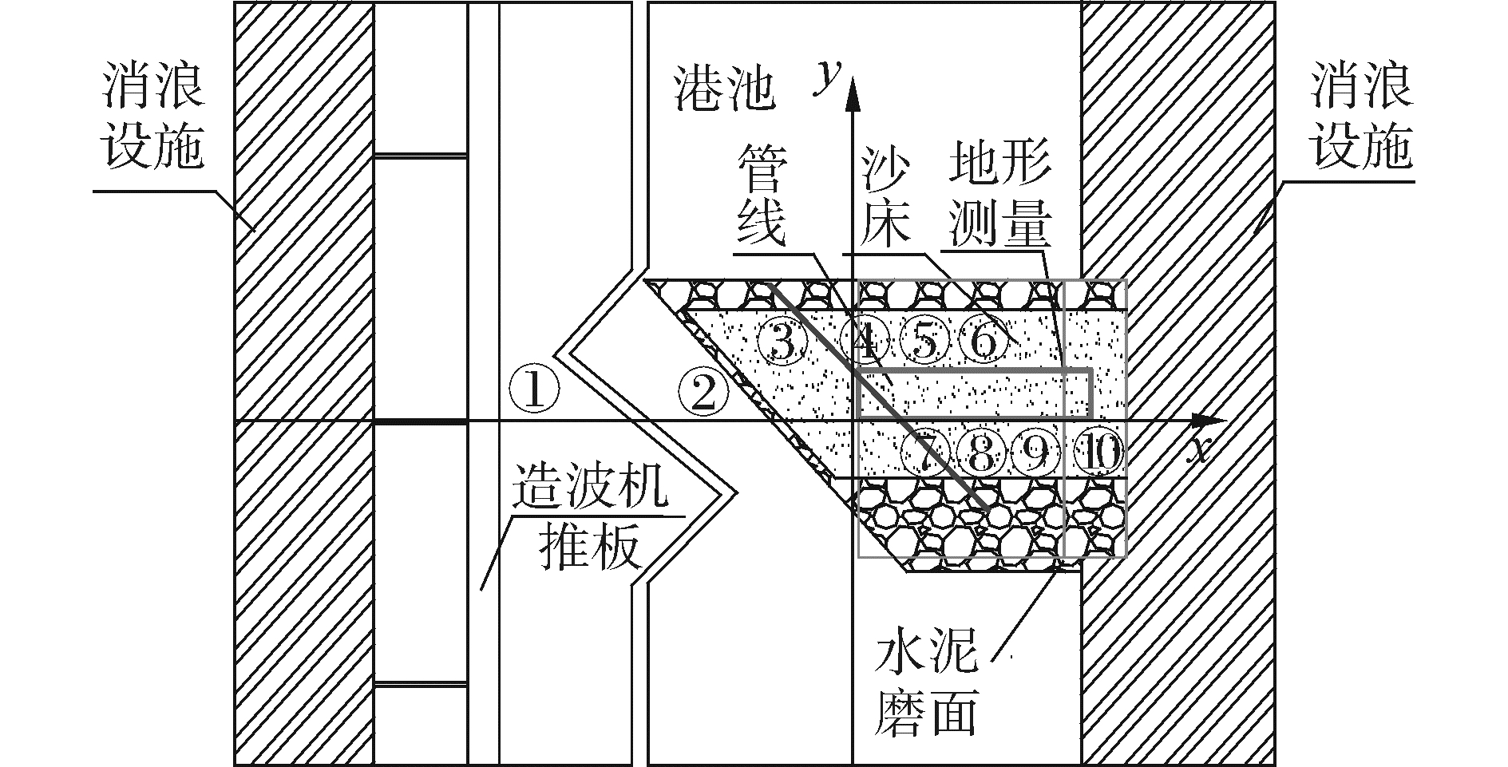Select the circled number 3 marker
click(x=782, y=342)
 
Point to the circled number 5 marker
click(x=924, y=342)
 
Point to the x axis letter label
click(x=1198, y=452)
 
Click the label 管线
click(x=762, y=196)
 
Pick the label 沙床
click(x=886, y=196)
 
